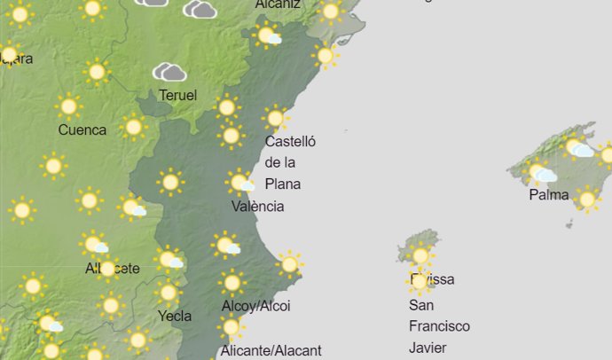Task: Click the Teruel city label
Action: [x=177, y=95]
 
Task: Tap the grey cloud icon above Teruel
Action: [x=169, y=72]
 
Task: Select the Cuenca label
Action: [x=82, y=130]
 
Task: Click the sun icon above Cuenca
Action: [x=68, y=106]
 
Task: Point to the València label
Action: [x=257, y=207]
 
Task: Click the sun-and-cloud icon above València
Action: [x=240, y=183]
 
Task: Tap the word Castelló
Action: [x=290, y=141]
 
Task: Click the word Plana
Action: [x=283, y=184]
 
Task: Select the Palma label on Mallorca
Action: [x=548, y=195]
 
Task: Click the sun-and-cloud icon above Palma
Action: [x=539, y=172]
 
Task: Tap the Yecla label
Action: [x=174, y=316]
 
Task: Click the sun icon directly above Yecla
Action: [x=168, y=292]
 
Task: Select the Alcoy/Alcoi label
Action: [x=255, y=306]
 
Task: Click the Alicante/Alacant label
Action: [x=271, y=350]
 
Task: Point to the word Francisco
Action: [x=439, y=326]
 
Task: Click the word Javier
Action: [x=428, y=348]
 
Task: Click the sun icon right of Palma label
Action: [x=586, y=199]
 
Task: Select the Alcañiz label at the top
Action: [x=278, y=4]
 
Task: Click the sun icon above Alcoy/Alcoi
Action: [x=232, y=283]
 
